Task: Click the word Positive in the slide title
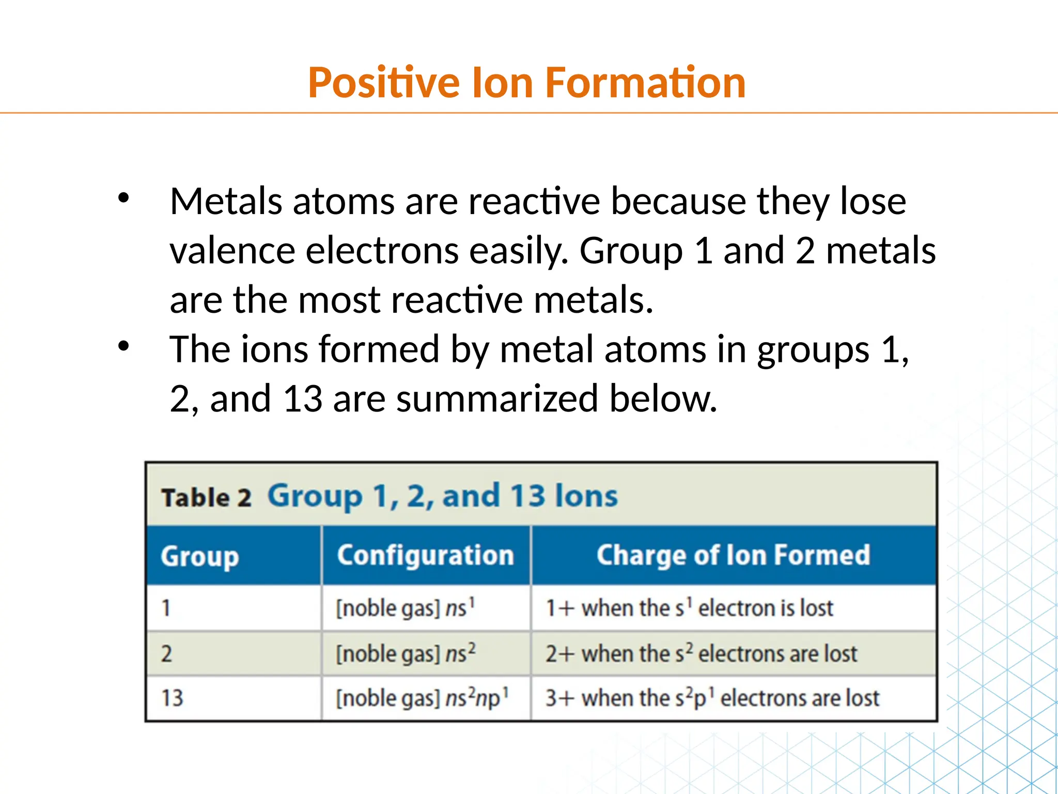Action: click(383, 83)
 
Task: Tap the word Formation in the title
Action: click(645, 83)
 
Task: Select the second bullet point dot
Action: click(123, 346)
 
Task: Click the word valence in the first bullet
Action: click(232, 251)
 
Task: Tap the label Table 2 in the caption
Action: click(206, 498)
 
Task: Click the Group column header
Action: click(199, 557)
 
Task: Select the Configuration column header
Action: click(425, 556)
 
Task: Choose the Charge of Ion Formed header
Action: click(733, 556)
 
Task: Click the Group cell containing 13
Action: click(173, 698)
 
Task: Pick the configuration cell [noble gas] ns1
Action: click(405, 608)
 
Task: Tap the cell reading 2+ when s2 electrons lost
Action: click(701, 654)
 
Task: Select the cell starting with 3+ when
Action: click(712, 698)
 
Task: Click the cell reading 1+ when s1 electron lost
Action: click(689, 608)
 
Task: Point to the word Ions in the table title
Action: click(586, 496)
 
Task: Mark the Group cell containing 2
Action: click(166, 654)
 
